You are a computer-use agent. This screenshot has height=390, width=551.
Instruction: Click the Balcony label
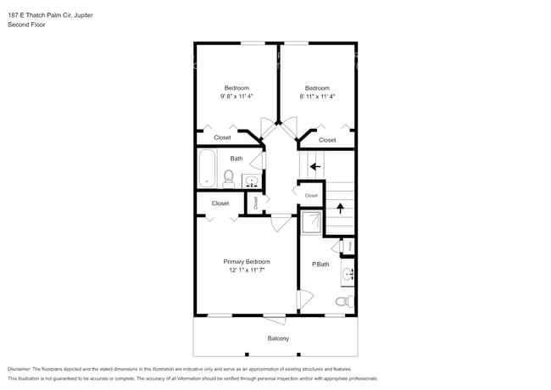[278, 338]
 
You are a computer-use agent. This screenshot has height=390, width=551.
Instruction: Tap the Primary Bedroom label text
[247, 261]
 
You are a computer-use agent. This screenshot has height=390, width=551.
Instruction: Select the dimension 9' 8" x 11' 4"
[237, 97]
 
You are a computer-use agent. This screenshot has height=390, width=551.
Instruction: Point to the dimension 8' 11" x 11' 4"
[317, 97]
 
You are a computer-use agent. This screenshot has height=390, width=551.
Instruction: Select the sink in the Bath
[252, 181]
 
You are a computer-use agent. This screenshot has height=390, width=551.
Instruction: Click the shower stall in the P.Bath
[311, 222]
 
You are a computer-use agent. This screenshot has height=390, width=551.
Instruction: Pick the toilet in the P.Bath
[342, 301]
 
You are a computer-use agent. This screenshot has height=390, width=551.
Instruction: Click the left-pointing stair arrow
[315, 167]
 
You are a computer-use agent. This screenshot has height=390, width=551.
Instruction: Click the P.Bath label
[320, 265]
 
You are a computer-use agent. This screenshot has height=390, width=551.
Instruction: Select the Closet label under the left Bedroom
[222, 137]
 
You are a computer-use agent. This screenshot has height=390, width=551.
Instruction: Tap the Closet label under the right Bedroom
[327, 140]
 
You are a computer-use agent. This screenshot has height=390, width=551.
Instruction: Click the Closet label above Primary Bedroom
[220, 203]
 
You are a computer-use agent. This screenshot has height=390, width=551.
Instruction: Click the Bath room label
[237, 159]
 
